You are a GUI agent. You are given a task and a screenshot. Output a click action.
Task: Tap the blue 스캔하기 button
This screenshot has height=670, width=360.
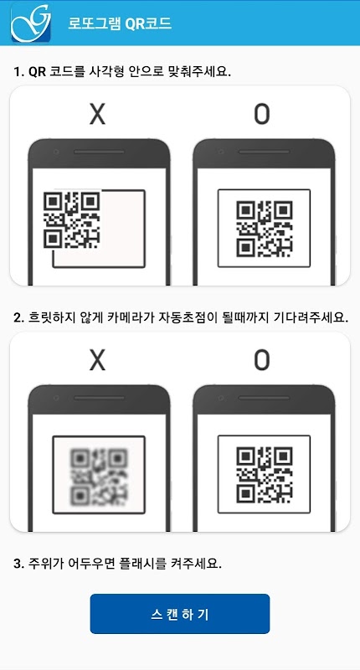[x=180, y=614]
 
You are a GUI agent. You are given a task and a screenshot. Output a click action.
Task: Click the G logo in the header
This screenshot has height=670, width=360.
[x=31, y=23]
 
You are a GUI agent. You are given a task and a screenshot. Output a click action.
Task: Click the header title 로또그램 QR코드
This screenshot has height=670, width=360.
[x=120, y=23]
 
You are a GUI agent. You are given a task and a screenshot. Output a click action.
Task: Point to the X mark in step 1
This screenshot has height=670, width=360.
[x=97, y=114]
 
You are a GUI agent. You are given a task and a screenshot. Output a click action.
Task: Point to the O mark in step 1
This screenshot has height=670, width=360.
[x=262, y=114]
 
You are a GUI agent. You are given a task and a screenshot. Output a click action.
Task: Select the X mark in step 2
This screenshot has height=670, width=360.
[x=97, y=360]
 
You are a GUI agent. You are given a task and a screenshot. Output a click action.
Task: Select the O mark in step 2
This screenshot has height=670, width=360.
[x=262, y=360]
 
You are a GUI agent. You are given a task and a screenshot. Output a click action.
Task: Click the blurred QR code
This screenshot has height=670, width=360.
[x=99, y=475]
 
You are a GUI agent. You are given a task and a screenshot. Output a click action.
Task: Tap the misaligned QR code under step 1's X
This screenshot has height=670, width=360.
[x=72, y=220]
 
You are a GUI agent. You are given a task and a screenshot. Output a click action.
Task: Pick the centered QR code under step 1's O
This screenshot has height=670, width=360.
[x=265, y=228]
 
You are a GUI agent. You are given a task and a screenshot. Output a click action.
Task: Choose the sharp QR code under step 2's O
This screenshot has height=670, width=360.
[x=265, y=474]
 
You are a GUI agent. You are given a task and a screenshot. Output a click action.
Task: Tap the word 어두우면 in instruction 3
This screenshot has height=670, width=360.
[x=94, y=564]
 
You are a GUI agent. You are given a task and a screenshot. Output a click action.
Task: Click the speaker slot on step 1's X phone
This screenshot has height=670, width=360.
[x=99, y=152]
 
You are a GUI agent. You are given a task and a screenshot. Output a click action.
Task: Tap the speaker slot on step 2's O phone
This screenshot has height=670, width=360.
[x=264, y=398]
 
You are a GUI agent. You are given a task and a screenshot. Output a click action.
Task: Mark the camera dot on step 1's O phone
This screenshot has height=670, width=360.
[x=220, y=152]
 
